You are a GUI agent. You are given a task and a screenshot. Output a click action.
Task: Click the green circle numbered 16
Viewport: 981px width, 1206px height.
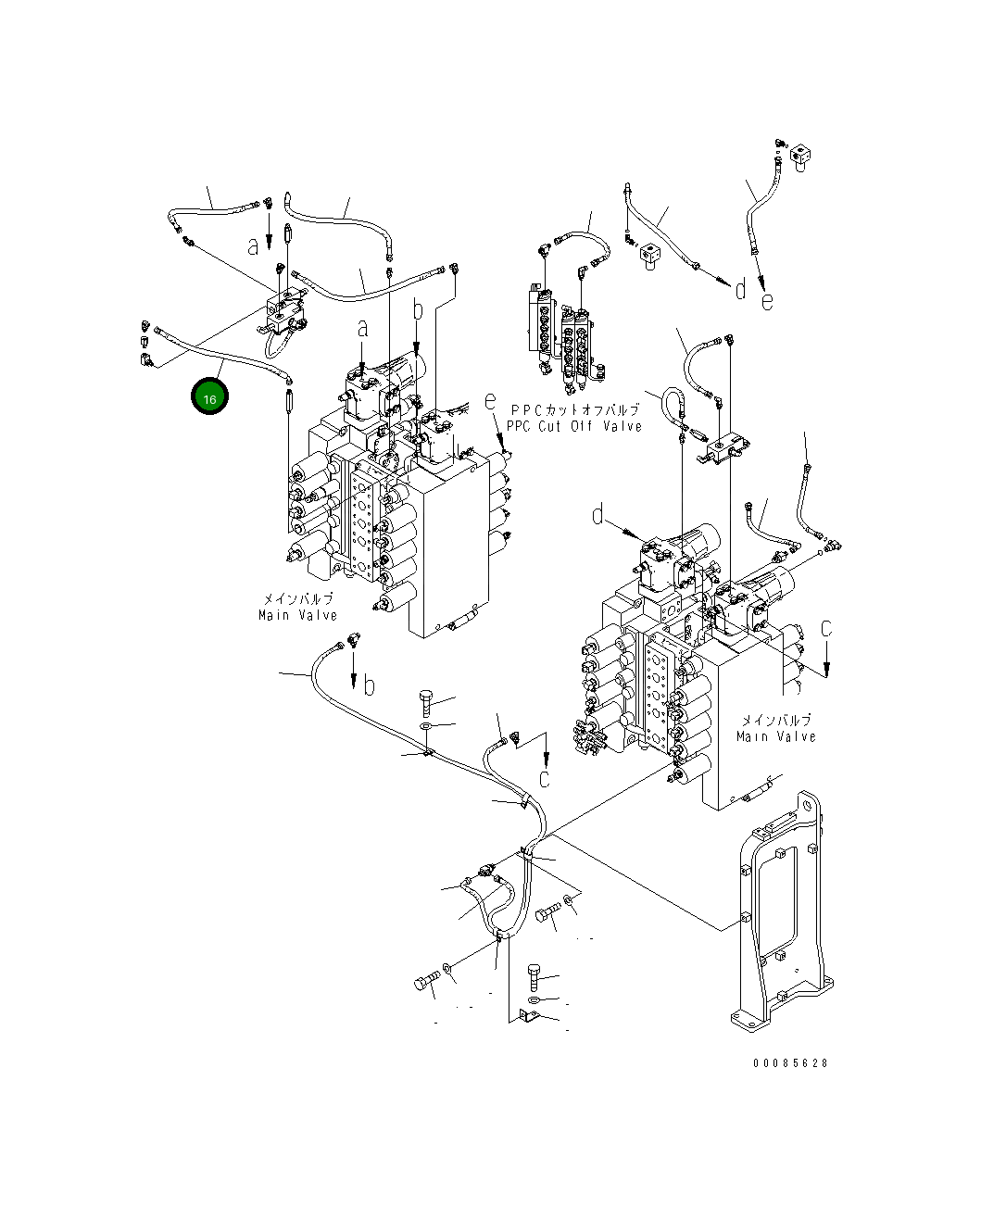tap(209, 396)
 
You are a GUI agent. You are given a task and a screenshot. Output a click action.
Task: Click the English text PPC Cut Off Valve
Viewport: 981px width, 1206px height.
tap(574, 426)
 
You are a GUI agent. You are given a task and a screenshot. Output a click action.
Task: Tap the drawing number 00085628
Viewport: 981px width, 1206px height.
tap(789, 1062)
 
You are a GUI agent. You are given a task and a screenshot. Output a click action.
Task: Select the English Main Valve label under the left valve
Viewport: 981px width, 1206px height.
tap(297, 615)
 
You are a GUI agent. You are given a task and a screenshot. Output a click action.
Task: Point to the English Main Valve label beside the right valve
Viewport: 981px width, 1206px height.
tap(775, 736)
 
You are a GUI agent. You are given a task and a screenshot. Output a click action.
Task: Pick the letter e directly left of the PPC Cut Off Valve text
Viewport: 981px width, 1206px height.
tap(490, 402)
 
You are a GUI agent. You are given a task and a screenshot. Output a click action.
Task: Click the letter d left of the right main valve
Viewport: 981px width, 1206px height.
tap(597, 515)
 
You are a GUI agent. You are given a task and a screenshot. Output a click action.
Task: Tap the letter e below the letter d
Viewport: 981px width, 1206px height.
tap(767, 302)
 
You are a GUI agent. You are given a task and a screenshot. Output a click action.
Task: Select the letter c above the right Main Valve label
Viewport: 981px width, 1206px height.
tap(826, 629)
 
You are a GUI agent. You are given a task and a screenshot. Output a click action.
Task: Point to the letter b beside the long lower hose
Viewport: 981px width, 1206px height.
tap(369, 685)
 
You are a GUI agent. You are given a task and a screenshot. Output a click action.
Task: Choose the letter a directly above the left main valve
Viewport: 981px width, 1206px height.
tap(363, 329)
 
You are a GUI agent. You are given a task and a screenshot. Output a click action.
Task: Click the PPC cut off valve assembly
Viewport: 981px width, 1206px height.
tap(567, 339)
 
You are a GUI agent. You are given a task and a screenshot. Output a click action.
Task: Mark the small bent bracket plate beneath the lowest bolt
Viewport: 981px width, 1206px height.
tap(529, 1017)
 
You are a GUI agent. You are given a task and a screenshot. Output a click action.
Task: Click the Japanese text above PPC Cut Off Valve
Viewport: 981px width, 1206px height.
tap(575, 409)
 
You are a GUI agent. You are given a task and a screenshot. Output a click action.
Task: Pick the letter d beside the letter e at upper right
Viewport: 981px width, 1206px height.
tap(740, 290)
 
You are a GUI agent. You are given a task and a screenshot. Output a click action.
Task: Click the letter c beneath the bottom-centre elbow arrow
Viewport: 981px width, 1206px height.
tap(545, 779)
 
